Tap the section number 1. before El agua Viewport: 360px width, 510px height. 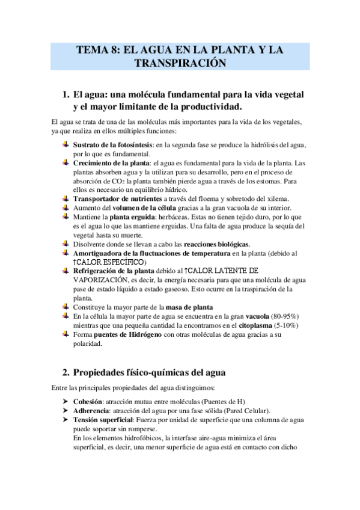coord(67,95)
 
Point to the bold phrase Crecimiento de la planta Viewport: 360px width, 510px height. coord(112,163)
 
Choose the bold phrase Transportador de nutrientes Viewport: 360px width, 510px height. coord(117,198)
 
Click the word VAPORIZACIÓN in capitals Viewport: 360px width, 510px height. coord(100,280)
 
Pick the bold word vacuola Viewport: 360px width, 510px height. coord(257,316)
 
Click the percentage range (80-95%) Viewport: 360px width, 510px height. coord(285,316)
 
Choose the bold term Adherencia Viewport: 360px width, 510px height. coord(91,410)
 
